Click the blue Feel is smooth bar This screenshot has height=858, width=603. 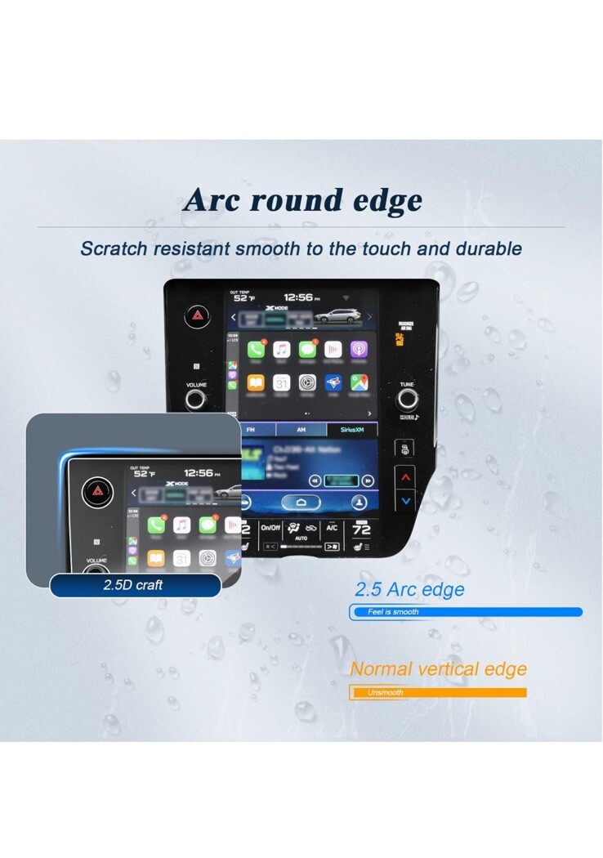point(466,611)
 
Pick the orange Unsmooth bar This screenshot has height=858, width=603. point(438,693)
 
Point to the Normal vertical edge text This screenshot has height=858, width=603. point(438,668)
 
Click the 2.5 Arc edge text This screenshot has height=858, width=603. point(409,589)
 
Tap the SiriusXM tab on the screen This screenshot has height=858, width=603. point(352,430)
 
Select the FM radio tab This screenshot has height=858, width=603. point(251,430)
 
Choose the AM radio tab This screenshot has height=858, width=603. point(301,430)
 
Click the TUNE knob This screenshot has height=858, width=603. point(407,400)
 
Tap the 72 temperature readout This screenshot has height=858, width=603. point(361,530)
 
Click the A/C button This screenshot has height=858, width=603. point(332,528)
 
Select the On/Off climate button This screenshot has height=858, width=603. point(270,528)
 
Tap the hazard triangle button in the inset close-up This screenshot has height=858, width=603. point(94,491)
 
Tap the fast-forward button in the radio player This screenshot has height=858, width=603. point(368,480)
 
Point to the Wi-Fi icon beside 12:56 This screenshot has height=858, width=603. point(345,298)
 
